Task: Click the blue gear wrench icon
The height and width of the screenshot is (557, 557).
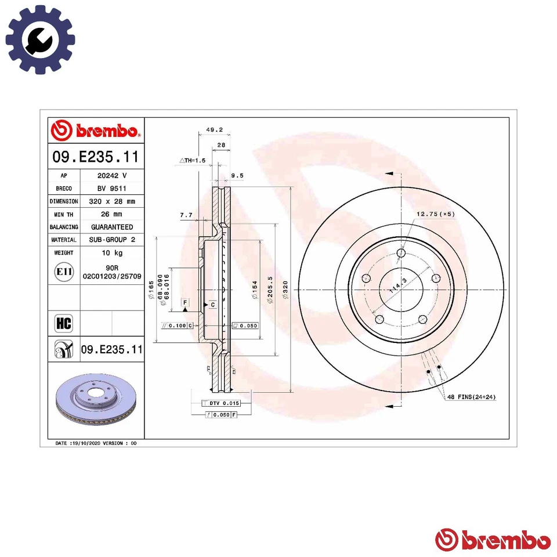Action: coord(40,39)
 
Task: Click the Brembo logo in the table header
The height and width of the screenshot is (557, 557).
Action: coord(96,131)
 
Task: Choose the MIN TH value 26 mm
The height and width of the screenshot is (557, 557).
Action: coord(111,214)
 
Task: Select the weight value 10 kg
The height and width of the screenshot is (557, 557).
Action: coord(111,253)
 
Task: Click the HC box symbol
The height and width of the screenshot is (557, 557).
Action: coord(63,323)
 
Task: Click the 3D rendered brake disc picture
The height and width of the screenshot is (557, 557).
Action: coord(95,400)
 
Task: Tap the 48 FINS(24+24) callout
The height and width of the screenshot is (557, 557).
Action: coord(471,397)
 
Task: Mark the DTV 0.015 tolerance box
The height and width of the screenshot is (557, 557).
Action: coord(220,403)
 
